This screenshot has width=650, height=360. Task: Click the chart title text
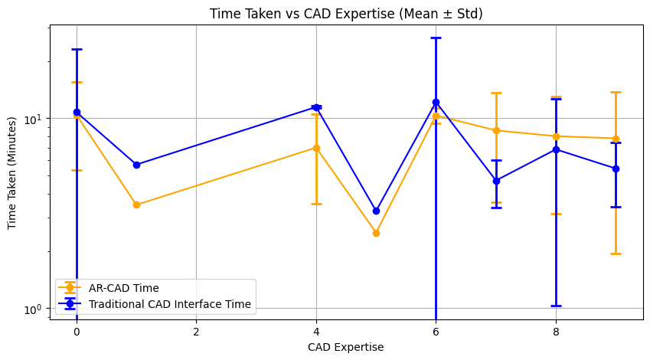point(346,13)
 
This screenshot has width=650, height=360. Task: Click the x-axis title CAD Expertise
point(346,347)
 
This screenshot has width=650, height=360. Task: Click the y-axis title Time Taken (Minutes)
point(13,173)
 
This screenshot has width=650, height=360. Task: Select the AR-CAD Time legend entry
point(124,288)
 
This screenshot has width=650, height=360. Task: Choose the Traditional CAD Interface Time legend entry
point(170,304)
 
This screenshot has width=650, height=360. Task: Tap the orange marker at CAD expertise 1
point(136,205)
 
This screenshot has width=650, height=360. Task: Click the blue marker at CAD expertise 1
point(136,165)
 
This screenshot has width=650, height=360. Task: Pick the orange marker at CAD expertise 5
point(376,233)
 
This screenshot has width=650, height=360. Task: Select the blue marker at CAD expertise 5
point(376,211)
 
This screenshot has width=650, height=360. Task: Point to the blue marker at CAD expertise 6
point(436,102)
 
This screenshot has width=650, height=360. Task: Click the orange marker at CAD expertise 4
point(316,148)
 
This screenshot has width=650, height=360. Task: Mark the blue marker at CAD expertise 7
point(496,181)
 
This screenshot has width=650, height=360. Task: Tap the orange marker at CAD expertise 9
point(616,139)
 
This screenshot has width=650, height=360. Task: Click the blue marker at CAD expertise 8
point(556,149)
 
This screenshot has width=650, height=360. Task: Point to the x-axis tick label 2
point(196,332)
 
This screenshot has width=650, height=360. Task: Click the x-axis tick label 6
point(436,332)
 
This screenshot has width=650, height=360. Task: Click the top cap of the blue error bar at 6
point(436,38)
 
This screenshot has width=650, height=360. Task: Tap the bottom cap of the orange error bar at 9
point(616,254)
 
